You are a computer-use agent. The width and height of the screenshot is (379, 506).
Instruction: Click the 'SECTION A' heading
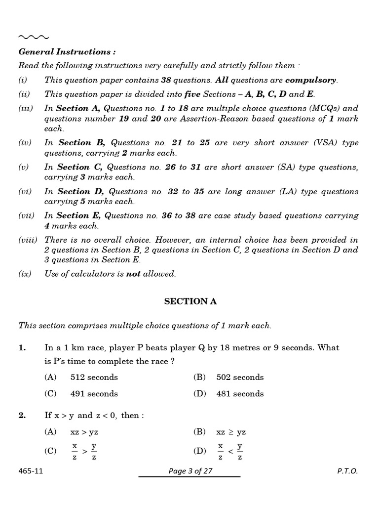tap(190, 301)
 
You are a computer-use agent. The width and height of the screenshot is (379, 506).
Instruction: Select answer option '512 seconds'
tap(94, 378)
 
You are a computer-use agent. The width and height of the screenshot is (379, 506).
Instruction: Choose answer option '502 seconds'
tap(240, 378)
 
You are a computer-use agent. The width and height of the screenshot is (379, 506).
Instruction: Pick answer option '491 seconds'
tap(94, 394)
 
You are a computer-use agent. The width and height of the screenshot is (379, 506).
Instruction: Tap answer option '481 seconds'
tap(240, 394)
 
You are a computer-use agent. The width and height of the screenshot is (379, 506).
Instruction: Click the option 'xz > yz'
tap(84, 432)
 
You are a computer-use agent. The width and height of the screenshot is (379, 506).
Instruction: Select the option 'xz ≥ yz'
tap(231, 432)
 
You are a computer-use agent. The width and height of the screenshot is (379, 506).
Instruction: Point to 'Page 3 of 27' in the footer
tap(190, 471)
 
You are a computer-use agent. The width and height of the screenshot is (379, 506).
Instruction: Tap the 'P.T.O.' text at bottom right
tap(347, 471)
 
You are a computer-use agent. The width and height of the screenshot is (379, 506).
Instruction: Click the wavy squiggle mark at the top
tap(33, 37)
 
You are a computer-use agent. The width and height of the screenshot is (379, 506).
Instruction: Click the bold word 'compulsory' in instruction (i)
tap(311, 80)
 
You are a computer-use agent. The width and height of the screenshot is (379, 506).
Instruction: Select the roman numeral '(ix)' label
tap(25, 274)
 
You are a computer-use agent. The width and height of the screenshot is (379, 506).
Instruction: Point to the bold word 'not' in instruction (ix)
tap(133, 274)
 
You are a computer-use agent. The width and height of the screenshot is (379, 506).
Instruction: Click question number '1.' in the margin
tap(22, 348)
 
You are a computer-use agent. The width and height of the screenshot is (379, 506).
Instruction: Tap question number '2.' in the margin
tap(22, 416)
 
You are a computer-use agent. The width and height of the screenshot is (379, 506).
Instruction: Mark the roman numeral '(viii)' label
tap(28, 240)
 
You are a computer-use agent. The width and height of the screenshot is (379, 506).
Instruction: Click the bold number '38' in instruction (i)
tap(167, 80)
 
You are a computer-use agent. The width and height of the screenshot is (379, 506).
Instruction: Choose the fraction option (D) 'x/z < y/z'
tap(231, 451)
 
